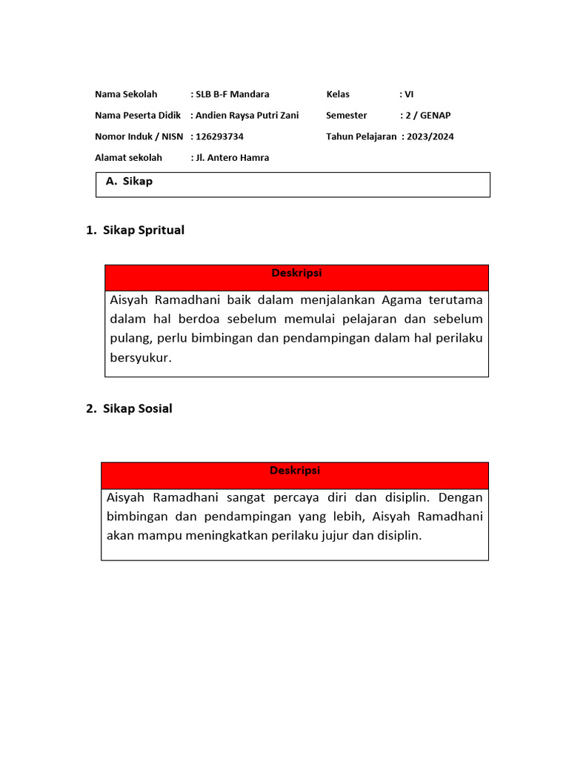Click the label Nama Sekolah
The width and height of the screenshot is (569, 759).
[126, 94]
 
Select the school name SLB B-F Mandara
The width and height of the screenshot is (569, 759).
[232, 94]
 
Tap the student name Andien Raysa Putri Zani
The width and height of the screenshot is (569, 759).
[247, 116]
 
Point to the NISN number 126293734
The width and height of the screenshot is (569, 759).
[219, 136]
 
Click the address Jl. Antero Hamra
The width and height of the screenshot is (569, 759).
[232, 158]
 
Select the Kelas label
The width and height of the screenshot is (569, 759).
[338, 94]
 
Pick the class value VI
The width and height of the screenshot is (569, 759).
[408, 94]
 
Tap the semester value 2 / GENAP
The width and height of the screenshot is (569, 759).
[427, 116]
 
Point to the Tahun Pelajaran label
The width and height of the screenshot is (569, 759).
[361, 136]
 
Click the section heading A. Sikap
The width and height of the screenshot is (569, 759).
[130, 182]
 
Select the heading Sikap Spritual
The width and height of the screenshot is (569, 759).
[144, 231]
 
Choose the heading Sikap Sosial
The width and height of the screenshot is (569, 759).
[138, 409]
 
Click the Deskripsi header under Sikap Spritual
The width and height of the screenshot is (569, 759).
[296, 274]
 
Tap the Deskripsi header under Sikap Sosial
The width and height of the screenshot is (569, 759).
[295, 471]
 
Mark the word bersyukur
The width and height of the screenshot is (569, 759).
[141, 358]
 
